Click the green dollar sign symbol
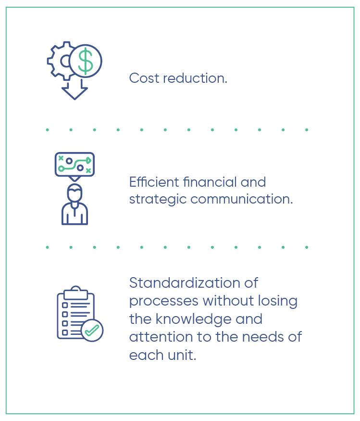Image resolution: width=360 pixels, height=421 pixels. tap(85, 61)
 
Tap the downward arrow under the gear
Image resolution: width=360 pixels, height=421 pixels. tap(74, 92)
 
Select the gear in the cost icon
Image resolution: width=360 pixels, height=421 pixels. tap(59, 61)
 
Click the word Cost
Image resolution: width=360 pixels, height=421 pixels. tap(144, 78)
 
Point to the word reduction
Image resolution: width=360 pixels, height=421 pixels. tap(195, 78)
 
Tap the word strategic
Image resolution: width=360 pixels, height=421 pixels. tap(158, 200)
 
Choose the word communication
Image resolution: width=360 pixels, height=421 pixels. tap(241, 199)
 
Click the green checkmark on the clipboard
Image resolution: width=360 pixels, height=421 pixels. tap(92, 331)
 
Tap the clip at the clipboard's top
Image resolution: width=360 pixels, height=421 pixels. tap(75, 293)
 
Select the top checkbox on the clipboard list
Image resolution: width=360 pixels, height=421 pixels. tap(65, 305)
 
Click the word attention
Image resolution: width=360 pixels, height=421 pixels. tap(161, 337)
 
